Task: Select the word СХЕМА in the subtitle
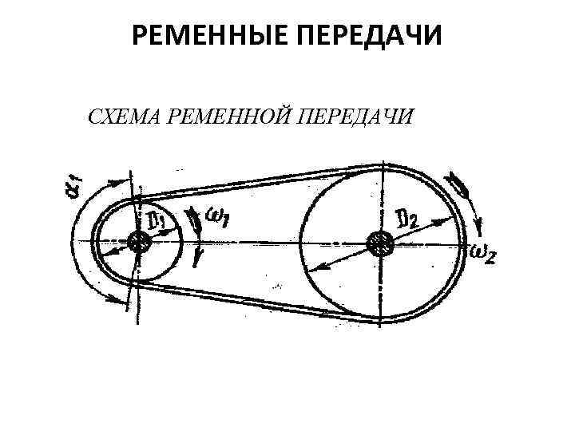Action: (x=121, y=119)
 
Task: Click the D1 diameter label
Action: (x=155, y=219)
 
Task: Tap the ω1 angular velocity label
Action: (x=218, y=217)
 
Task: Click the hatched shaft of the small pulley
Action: (x=141, y=243)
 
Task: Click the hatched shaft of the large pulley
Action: (x=378, y=241)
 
